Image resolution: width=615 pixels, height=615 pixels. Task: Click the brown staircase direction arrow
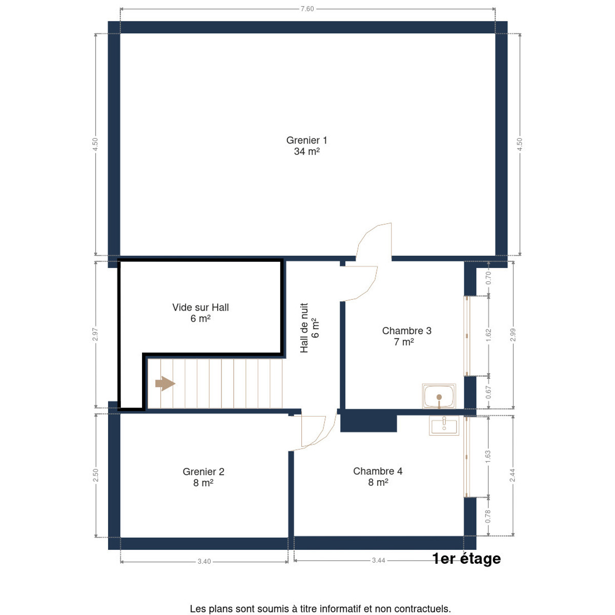pyautogui.click(x=165, y=383)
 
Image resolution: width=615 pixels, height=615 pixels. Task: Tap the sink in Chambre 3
pyautogui.click(x=439, y=396)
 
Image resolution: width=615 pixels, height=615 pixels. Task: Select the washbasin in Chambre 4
pyautogui.click(x=444, y=426)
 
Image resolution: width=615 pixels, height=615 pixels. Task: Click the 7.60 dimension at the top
pyautogui.click(x=307, y=9)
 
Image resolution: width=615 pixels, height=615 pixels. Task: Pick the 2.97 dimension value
pyautogui.click(x=95, y=334)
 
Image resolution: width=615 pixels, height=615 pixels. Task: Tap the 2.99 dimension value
pyautogui.click(x=512, y=335)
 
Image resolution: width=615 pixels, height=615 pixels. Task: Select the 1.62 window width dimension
pyautogui.click(x=488, y=335)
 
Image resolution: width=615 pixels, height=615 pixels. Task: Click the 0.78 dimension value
pyautogui.click(x=488, y=517)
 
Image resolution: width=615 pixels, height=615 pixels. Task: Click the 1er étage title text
pyautogui.click(x=466, y=559)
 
